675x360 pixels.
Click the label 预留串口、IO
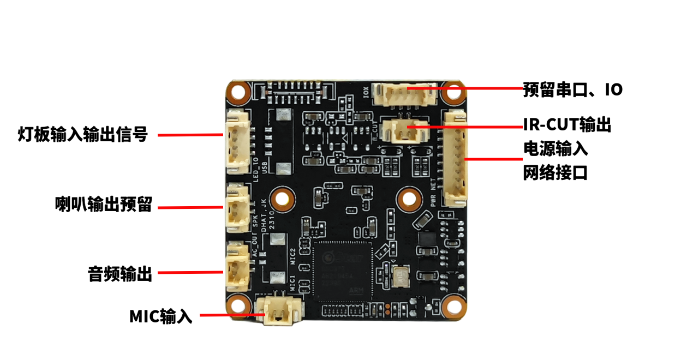click(x=572, y=89)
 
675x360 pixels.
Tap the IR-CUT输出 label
click(x=566, y=125)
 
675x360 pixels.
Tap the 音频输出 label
click(x=120, y=273)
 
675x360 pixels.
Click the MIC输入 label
click(x=160, y=316)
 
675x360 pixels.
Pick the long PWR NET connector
click(x=455, y=158)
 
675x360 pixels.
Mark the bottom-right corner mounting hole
click(x=452, y=307)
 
